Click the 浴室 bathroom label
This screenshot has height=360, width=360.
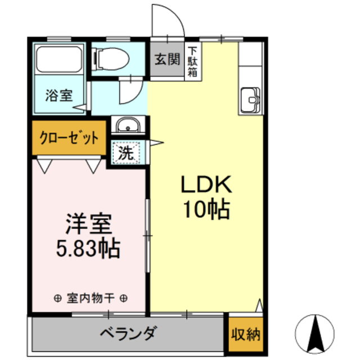tap(59, 96)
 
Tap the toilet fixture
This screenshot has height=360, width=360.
tap(110, 57)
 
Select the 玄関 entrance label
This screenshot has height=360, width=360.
tap(167, 58)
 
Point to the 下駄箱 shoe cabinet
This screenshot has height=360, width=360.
tap(193, 61)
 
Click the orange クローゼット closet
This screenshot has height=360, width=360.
tap(69, 138)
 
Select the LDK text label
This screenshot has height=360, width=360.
tap(206, 185)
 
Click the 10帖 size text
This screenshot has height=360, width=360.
tap(206, 209)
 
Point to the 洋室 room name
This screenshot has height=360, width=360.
tap(87, 223)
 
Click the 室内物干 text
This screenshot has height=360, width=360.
tap(90, 298)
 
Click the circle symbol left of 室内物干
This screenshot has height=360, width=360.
tap(57, 298)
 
